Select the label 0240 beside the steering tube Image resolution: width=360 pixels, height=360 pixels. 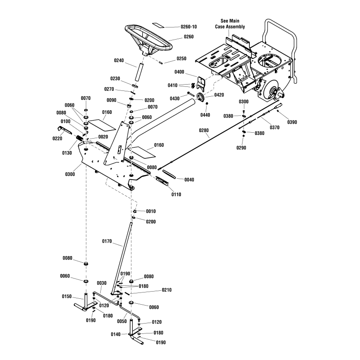tap(119, 61)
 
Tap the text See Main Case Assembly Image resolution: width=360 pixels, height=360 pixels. tap(230, 24)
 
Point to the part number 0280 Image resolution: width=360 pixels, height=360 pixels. tap(204, 130)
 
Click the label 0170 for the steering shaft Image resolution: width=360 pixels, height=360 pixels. tap(107, 241)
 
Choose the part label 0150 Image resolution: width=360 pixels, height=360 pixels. tap(67, 297)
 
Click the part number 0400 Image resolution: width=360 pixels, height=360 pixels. tap(180, 72)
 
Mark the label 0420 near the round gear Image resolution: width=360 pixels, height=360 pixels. tap(219, 95)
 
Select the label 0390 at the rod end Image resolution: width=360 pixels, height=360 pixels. tap(292, 122)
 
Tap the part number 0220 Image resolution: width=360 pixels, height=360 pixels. tap(57, 139)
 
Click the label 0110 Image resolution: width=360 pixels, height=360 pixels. tap(176, 194)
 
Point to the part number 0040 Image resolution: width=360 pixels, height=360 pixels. tap(189, 180)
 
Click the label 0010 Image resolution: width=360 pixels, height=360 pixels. tap(151, 211)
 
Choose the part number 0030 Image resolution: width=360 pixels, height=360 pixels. tap(102, 283)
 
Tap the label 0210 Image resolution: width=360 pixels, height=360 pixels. tap(154, 290)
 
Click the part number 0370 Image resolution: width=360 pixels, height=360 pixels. tap(274, 127)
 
